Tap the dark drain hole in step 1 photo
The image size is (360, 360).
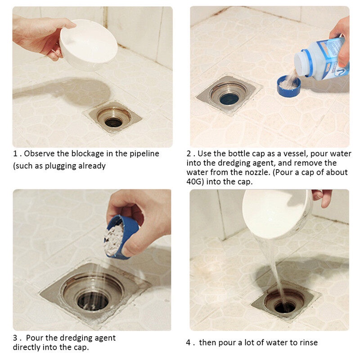[x=113, y=122]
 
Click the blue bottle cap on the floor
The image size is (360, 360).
[x=288, y=86]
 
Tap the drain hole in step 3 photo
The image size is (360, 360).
[x=93, y=301]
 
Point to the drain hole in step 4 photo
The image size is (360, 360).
[x=285, y=307]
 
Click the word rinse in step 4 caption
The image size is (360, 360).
[x=309, y=343]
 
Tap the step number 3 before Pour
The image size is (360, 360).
[x=15, y=338]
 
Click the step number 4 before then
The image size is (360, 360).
[x=189, y=343]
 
